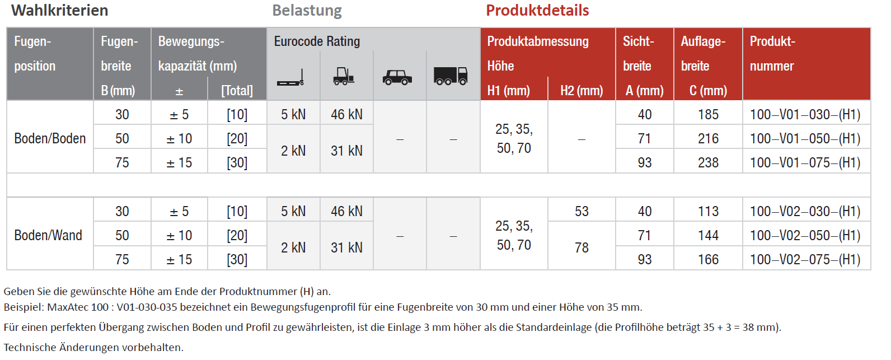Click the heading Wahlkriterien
point(60,10)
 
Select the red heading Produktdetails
point(537,10)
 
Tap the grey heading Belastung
point(307,11)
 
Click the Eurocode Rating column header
point(317,41)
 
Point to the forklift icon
point(344,76)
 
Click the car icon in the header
point(397,77)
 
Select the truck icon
point(451,76)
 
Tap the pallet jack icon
point(291,78)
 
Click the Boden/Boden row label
point(50,138)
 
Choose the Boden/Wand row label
point(48,235)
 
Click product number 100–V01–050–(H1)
point(805,138)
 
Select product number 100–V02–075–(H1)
point(805,259)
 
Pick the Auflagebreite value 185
point(708,115)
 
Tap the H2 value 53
point(582,211)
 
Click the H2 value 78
point(582,247)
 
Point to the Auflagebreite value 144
point(708,235)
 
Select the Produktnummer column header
point(772,54)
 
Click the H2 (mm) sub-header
point(582,91)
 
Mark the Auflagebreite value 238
point(708,162)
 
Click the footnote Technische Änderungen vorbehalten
point(93,347)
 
